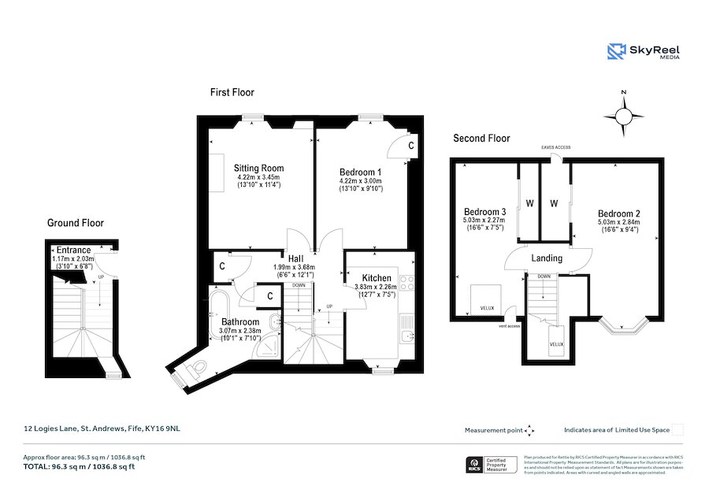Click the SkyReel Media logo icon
coord(616,52)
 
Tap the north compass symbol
coord(623,117)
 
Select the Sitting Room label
coord(258,168)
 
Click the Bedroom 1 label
coord(360,172)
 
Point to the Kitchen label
coord(377,277)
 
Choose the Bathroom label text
coord(239,321)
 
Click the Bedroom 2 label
coord(618,213)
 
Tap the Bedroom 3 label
coord(484,212)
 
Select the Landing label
coord(547,258)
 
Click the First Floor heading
coord(232,92)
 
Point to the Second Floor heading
coord(481,138)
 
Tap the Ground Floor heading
coord(76,223)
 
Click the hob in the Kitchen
coord(407,284)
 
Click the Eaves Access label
coord(556,147)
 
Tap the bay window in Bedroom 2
coord(622,322)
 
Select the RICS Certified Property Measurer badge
coord(489,464)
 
